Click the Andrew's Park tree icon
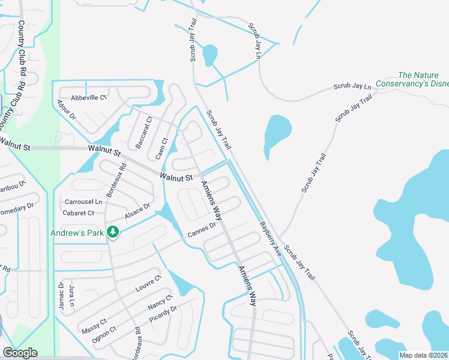click(x=112, y=232)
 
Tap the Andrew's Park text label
click(x=77, y=232)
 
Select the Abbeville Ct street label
click(x=88, y=97)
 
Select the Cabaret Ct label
click(x=79, y=213)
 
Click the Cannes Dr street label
click(x=201, y=230)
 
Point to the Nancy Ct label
click(x=160, y=302)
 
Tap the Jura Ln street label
click(x=71, y=293)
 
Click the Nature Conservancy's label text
click(x=423, y=80)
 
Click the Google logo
click(x=20, y=353)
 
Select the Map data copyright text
click(x=423, y=355)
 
